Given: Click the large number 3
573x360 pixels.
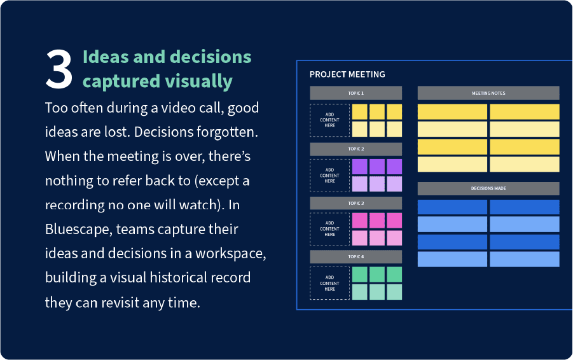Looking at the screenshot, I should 59,69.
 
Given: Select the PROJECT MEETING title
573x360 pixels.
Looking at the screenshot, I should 347,74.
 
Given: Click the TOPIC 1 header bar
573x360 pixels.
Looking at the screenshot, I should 356,93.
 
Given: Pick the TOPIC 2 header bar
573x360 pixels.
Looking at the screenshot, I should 356,149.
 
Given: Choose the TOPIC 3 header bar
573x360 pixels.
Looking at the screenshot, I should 356,203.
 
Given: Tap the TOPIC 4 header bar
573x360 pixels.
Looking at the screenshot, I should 356,257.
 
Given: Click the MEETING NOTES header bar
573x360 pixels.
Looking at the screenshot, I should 488,93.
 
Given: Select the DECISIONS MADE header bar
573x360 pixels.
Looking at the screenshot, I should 488,189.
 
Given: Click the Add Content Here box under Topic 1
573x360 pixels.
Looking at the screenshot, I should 329,120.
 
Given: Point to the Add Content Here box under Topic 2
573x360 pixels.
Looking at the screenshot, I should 329,176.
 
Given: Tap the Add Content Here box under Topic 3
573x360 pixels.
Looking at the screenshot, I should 329,229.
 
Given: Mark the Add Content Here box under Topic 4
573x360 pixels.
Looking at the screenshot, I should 329,283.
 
